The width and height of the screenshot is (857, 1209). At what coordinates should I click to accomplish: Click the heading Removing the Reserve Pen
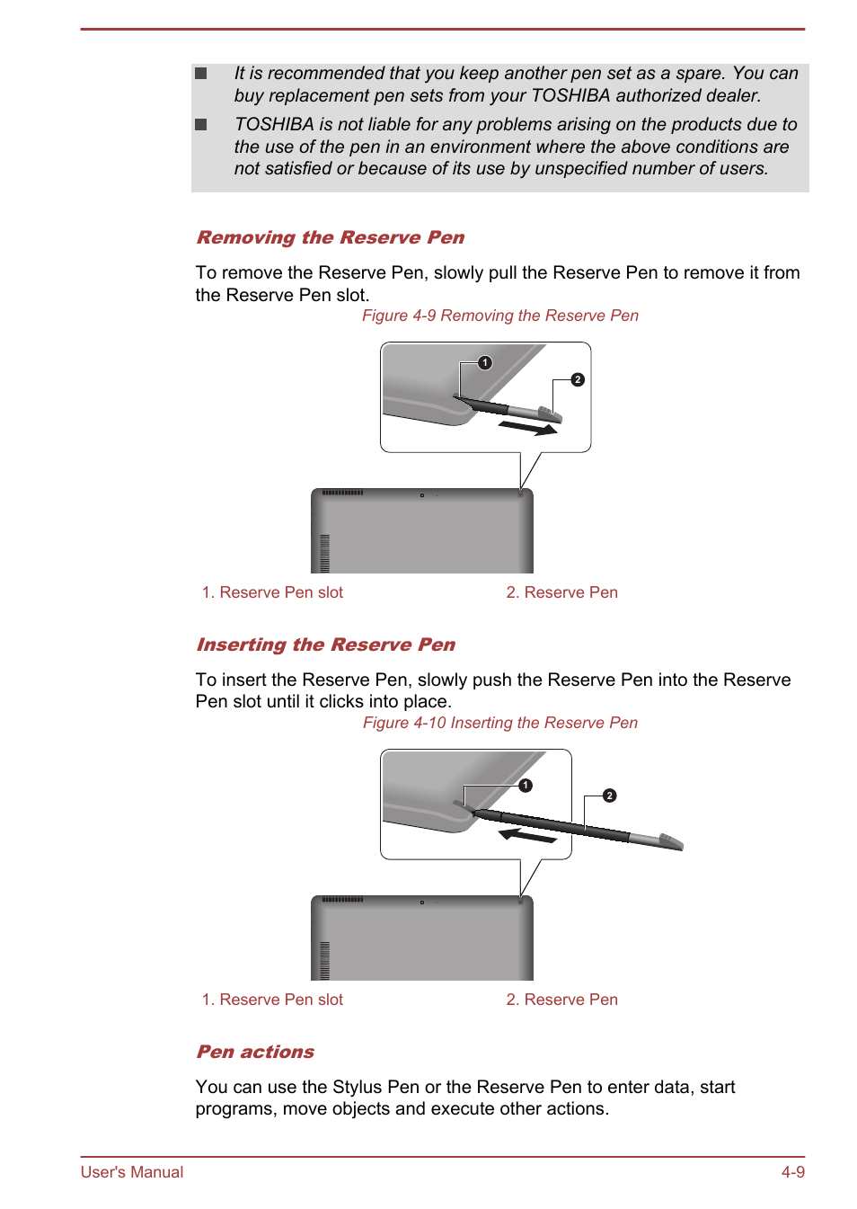(x=330, y=237)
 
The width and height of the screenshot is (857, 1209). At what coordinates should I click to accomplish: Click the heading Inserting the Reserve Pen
(x=325, y=645)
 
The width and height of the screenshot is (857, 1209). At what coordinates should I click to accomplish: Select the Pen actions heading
(x=255, y=1052)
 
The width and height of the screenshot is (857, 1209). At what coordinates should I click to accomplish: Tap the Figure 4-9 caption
(x=499, y=316)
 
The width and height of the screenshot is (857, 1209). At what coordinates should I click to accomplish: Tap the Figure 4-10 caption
(x=499, y=723)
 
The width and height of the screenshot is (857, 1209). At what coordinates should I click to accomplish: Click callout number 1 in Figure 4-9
(x=485, y=363)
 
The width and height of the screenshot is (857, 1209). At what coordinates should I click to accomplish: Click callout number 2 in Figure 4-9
(x=578, y=380)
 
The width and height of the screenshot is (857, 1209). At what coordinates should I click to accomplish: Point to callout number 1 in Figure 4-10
(x=526, y=786)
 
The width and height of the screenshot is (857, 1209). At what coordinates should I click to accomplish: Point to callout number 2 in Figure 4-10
(x=610, y=796)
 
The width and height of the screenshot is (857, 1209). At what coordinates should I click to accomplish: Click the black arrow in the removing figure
(x=528, y=428)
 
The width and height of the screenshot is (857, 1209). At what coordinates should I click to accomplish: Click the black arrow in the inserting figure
(x=527, y=836)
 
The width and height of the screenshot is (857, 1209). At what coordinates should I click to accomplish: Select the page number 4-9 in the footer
(x=792, y=1172)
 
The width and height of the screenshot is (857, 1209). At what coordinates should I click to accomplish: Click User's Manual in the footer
(x=132, y=1172)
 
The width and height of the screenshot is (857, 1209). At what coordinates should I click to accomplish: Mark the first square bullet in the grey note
(x=201, y=74)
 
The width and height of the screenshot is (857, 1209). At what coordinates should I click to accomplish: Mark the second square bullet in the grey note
(x=201, y=125)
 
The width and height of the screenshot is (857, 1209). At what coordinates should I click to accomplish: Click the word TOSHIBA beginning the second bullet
(x=273, y=125)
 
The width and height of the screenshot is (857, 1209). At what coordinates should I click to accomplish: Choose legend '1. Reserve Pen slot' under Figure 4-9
(x=272, y=592)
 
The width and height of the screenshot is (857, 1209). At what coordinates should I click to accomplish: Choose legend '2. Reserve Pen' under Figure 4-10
(x=561, y=1000)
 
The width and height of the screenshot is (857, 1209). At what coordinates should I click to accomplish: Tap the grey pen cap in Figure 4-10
(x=670, y=841)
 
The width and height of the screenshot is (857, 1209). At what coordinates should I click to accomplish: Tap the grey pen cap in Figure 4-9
(x=550, y=413)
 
